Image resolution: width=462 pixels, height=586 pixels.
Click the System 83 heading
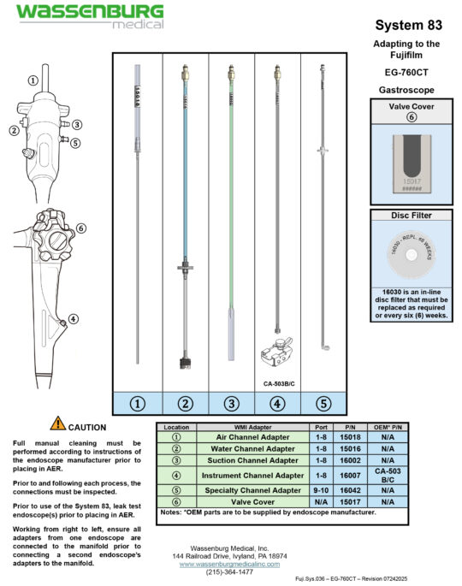pos(407,27)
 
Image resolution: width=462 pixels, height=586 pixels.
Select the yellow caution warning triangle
pos(57,422)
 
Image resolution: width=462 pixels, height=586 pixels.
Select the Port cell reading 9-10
pos(321,490)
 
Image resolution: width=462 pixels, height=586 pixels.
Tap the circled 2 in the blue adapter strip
pos(184,402)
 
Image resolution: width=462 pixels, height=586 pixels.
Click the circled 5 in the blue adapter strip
pos(323,402)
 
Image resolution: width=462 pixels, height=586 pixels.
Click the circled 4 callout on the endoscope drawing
pos(74,319)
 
